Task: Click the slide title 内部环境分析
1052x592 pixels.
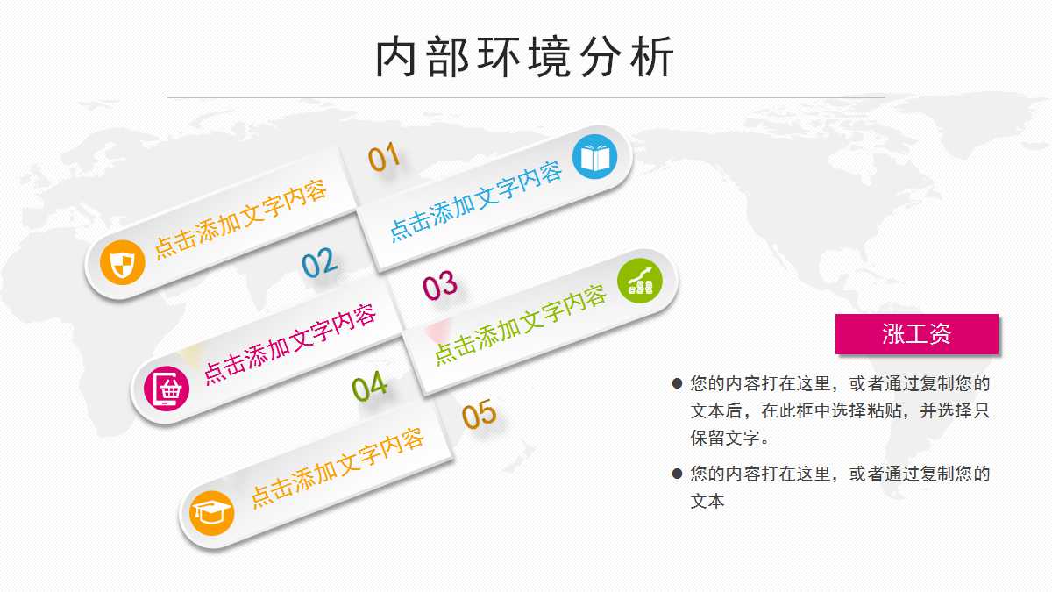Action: click(525, 58)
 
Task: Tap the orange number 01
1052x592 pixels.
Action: click(384, 158)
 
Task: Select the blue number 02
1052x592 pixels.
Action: click(319, 262)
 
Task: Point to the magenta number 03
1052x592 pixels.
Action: click(440, 285)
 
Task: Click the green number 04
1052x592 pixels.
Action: click(370, 386)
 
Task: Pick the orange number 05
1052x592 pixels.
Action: click(480, 414)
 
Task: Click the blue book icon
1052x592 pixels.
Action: click(595, 158)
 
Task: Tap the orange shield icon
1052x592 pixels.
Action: click(122, 261)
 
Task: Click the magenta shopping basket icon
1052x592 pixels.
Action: click(167, 387)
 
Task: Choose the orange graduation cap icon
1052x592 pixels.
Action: click(212, 512)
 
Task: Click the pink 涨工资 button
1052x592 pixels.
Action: click(916, 334)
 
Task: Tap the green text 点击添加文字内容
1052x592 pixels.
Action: click(521, 325)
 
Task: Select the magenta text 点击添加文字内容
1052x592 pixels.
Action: click(290, 343)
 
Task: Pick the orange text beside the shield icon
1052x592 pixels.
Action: click(241, 219)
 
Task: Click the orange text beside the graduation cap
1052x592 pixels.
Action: click(338, 467)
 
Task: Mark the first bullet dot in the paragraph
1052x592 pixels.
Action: click(677, 383)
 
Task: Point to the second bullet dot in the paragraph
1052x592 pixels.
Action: click(677, 474)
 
